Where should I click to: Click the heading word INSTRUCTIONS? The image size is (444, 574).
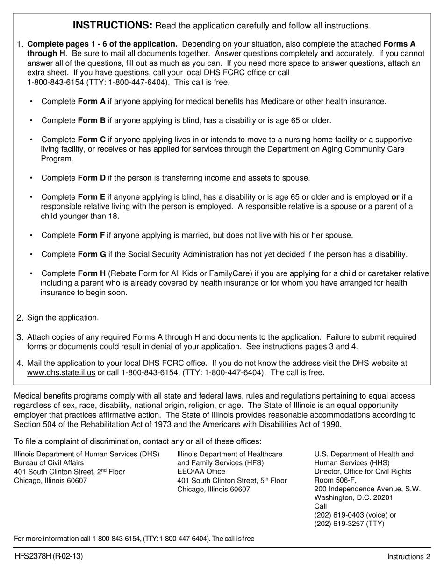point(113,25)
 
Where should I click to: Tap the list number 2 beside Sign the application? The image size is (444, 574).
point(20,318)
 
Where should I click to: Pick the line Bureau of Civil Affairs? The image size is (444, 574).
point(49,463)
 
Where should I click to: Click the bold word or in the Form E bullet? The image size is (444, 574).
point(395,197)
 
